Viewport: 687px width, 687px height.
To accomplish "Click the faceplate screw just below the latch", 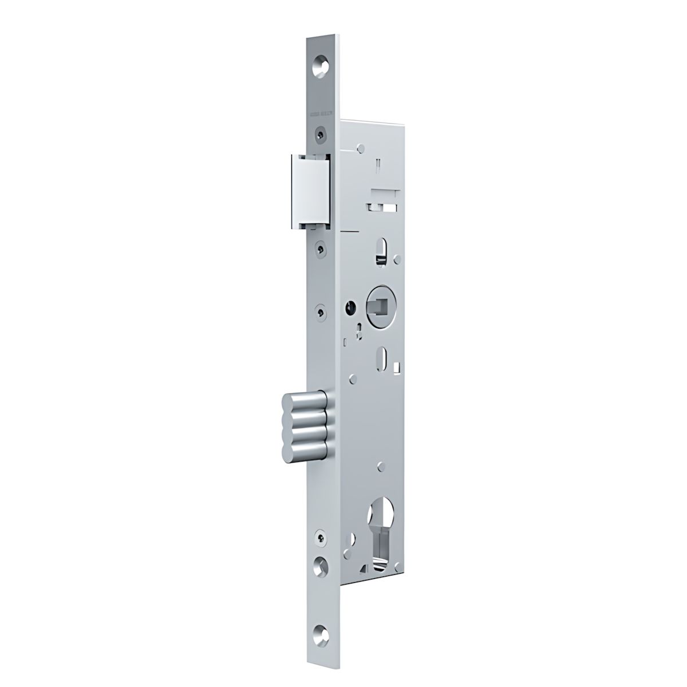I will pyautogui.click(x=321, y=248).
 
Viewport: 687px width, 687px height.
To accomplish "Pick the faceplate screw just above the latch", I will pyautogui.click(x=321, y=135).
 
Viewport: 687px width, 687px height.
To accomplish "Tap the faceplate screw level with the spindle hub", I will pyautogui.click(x=321, y=312).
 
